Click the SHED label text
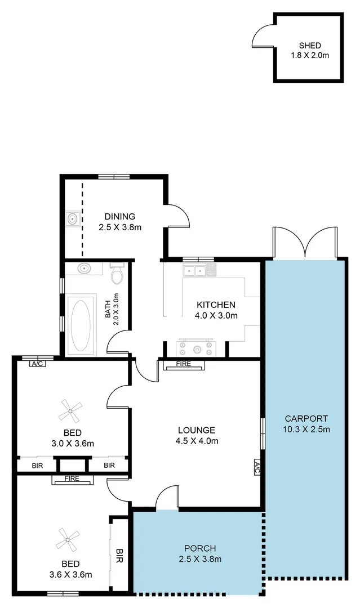click(310, 46)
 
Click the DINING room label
click(119, 216)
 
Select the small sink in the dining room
click(72, 218)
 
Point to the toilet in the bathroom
click(117, 274)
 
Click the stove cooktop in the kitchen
click(195, 348)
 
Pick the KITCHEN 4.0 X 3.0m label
click(216, 310)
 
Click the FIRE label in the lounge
click(184, 364)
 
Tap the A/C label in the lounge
click(257, 467)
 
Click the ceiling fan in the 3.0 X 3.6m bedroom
click(70, 412)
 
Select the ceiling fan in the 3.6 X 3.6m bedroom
click(68, 539)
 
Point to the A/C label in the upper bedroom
click(38, 364)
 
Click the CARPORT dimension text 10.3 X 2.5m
click(306, 430)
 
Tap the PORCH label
click(200, 548)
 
